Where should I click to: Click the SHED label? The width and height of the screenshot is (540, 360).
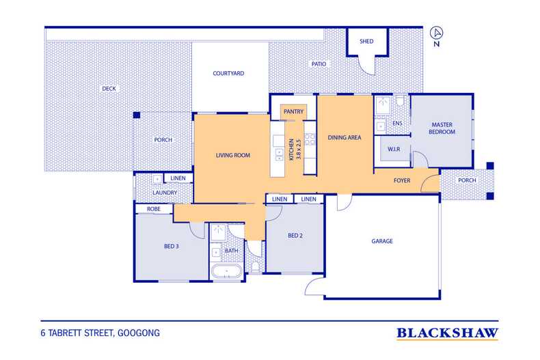[x=366, y=41]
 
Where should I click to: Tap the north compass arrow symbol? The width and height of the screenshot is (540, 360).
[x=437, y=33]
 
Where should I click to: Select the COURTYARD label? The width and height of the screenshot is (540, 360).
[x=228, y=73]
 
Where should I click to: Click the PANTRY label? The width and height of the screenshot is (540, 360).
[x=293, y=111]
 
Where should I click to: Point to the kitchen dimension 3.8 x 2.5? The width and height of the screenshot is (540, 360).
[x=299, y=149]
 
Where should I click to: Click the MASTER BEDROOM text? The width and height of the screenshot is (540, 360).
[x=442, y=128]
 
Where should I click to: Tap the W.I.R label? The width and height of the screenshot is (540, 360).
[x=394, y=149]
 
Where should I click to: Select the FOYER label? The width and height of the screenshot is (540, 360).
[x=402, y=180]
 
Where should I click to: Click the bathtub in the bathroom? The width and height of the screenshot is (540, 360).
[x=227, y=272]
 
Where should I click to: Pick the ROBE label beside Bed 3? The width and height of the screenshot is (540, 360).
[x=154, y=209]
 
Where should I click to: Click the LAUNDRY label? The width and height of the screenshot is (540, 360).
[x=165, y=193]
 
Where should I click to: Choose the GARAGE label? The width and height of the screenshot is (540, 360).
[x=382, y=241]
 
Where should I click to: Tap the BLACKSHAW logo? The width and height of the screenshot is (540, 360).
[x=447, y=333]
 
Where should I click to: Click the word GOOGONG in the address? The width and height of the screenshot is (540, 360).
[x=139, y=333]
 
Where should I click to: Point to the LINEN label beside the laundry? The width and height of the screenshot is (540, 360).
[x=178, y=178]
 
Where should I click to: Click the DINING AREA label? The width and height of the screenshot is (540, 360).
[x=345, y=138]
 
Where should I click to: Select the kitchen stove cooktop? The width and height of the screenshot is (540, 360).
[x=310, y=140]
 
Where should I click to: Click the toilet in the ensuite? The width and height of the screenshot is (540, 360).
[x=400, y=100]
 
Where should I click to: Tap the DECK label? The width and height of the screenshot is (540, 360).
[x=109, y=89]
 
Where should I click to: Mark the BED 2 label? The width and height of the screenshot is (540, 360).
[x=295, y=236]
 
